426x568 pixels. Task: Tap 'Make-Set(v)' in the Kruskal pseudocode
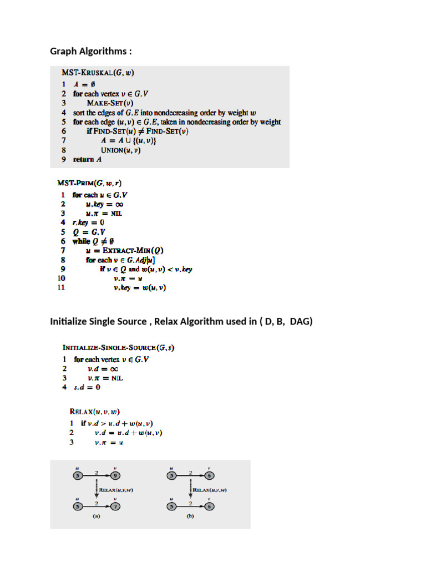tap(110, 103)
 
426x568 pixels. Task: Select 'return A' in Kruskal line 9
tap(88, 159)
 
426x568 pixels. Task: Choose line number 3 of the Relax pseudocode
tap(71, 442)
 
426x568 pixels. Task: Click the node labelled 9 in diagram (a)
tap(114, 475)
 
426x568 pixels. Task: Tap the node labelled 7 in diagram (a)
tap(114, 506)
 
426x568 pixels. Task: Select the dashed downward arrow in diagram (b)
tap(190, 489)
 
